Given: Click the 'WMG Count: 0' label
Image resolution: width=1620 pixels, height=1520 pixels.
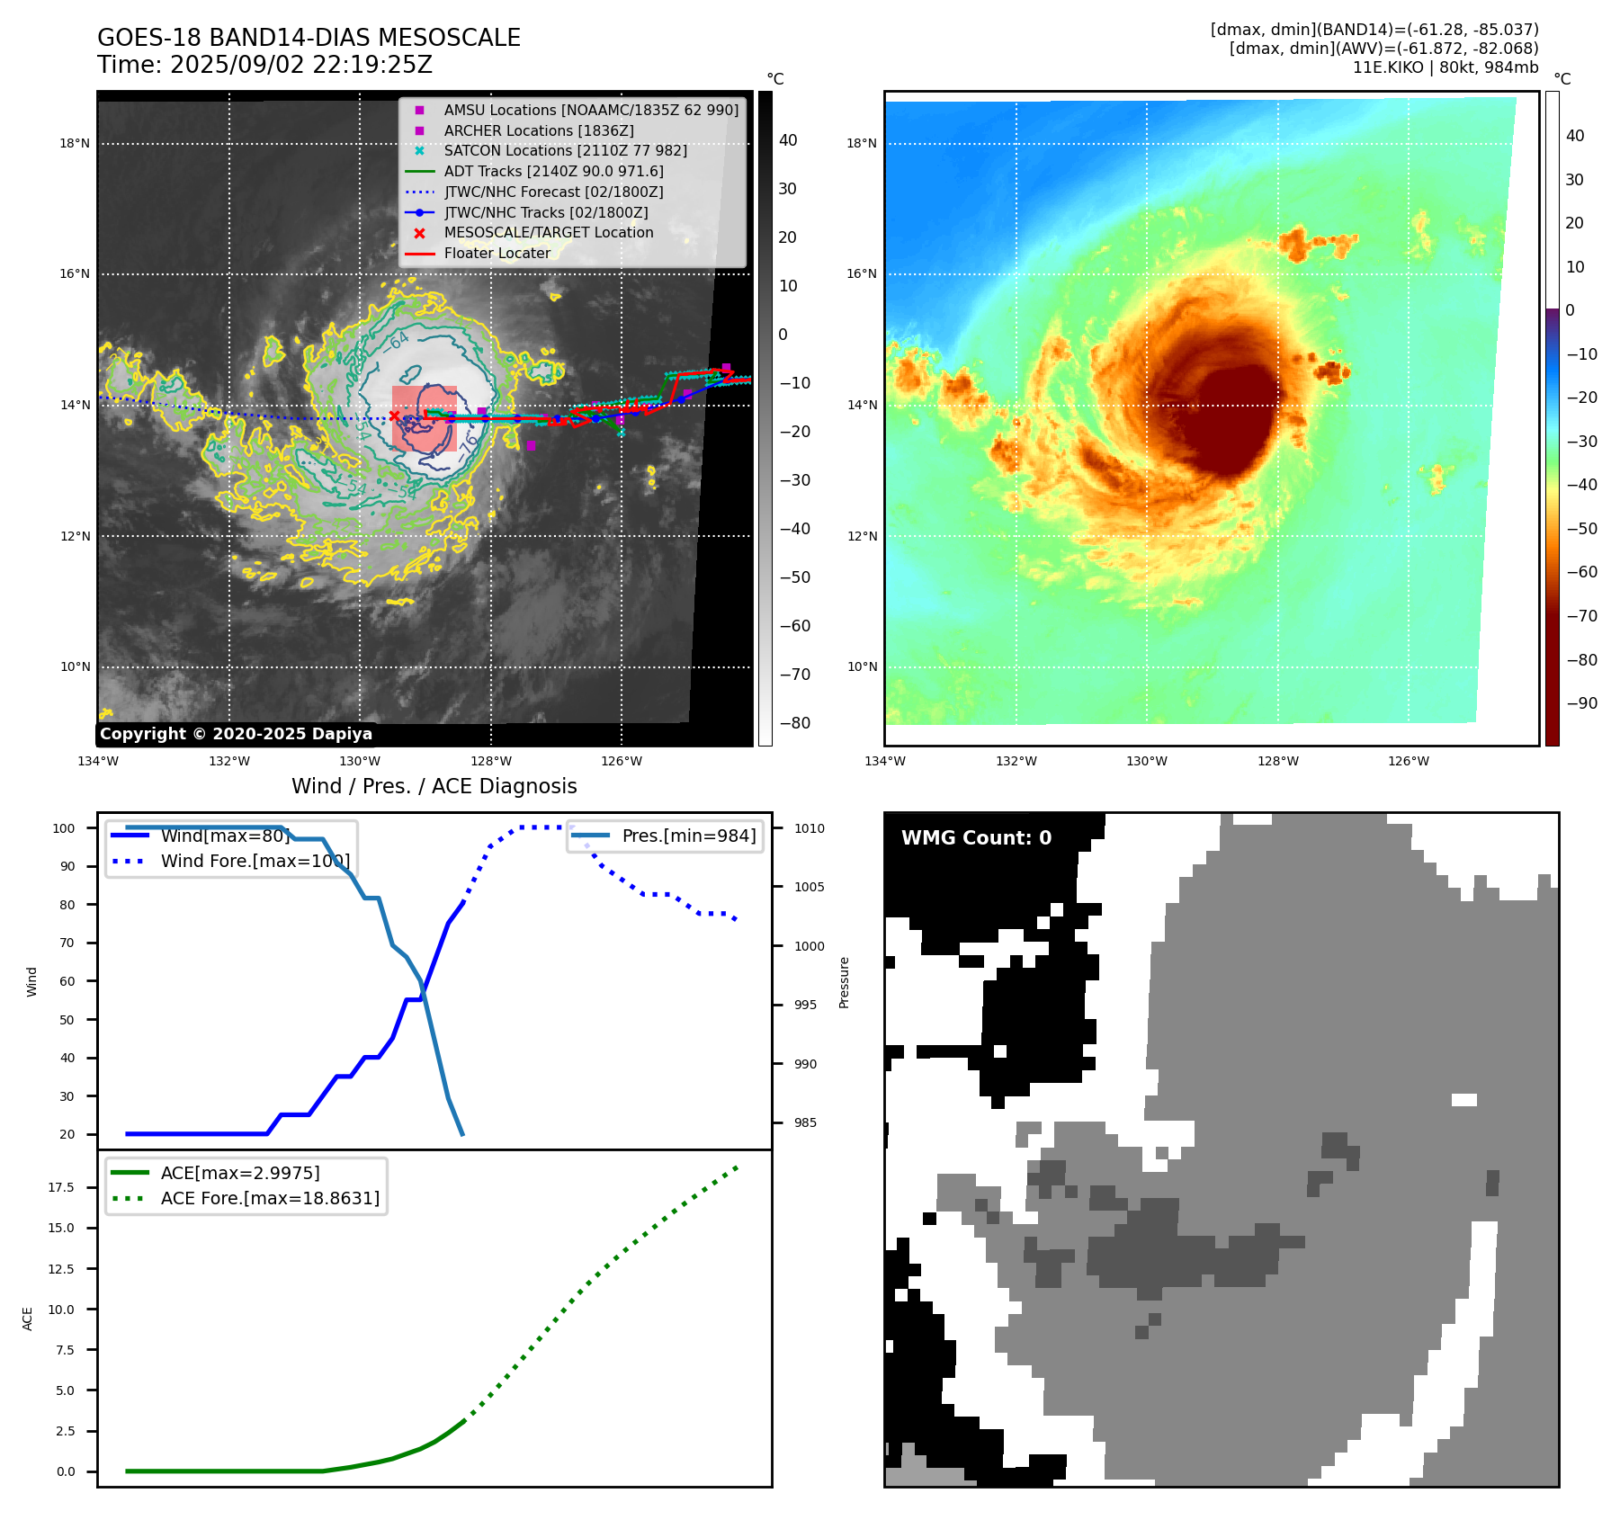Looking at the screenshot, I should coord(976,838).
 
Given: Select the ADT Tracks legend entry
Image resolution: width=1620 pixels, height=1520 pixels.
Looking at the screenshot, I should coord(553,171).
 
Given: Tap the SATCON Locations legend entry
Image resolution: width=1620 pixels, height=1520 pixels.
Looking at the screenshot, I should coord(565,150).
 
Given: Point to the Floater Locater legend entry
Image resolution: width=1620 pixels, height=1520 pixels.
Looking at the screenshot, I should coord(497,254).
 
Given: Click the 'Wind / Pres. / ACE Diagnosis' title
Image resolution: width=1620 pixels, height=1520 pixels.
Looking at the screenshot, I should coord(434,786).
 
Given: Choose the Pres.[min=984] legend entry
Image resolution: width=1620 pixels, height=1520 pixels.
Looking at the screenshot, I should coord(688,836).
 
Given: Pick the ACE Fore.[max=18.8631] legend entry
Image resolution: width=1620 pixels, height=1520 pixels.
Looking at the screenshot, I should coord(270,1198).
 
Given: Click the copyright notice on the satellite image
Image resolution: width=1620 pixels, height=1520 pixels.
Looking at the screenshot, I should coord(236,734).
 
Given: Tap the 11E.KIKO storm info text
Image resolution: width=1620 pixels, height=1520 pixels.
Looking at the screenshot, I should coord(1445,67).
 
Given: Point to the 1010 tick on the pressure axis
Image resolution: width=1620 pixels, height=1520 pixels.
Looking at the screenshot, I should coord(809,828).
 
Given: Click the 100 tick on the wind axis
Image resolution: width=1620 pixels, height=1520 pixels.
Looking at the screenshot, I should coord(64,828).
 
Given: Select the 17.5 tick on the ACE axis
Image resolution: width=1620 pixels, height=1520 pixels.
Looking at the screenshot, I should coord(61,1187).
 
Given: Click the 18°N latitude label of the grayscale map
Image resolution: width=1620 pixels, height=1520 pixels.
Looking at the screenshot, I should coord(75,143).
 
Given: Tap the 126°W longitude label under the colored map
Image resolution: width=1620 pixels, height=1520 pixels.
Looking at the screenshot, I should coord(1408,761).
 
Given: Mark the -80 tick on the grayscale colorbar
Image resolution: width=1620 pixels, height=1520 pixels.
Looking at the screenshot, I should coord(794,723).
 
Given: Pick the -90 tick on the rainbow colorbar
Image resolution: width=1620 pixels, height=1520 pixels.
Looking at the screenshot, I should coord(1581,703).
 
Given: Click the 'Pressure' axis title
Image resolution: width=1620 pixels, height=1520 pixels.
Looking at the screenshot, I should coord(844,982).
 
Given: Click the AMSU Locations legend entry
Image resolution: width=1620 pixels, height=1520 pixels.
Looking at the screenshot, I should coord(590,110).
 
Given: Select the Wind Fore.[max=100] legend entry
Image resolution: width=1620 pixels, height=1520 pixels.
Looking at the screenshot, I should coord(255,861).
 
